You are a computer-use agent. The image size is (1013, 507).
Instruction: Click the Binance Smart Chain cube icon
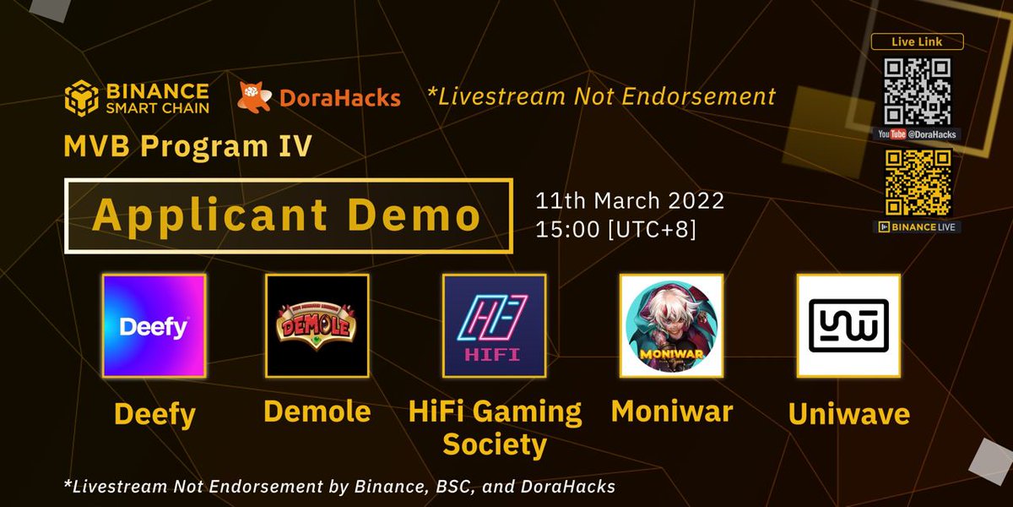click(x=81, y=97)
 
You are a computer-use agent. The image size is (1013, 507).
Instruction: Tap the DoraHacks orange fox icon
click(x=254, y=97)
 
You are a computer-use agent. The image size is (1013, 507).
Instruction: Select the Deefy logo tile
click(x=154, y=325)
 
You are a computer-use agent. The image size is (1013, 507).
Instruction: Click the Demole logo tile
click(x=317, y=325)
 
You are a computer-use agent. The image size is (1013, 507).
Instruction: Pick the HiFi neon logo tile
click(x=495, y=325)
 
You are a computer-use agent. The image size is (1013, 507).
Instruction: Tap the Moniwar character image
click(x=671, y=325)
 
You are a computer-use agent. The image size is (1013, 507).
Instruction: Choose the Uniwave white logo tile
click(x=848, y=325)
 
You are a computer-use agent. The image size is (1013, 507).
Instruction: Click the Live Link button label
click(x=917, y=41)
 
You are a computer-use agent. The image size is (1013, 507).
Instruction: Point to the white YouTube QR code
click(x=918, y=91)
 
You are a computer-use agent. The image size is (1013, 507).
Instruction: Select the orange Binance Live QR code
click(x=918, y=183)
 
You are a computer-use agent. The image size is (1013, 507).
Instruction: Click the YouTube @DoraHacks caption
click(x=918, y=134)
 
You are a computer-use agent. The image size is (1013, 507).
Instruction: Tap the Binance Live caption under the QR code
click(x=918, y=226)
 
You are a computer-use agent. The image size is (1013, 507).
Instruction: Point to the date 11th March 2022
click(x=629, y=202)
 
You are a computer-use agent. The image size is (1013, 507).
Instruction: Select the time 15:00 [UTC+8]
click(x=615, y=229)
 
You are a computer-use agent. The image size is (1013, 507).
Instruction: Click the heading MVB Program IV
click(x=187, y=147)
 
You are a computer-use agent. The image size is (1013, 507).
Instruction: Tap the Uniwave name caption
click(x=848, y=414)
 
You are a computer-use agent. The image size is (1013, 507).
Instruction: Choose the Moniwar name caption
click(x=671, y=412)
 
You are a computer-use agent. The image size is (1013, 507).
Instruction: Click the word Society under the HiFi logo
click(x=495, y=444)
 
